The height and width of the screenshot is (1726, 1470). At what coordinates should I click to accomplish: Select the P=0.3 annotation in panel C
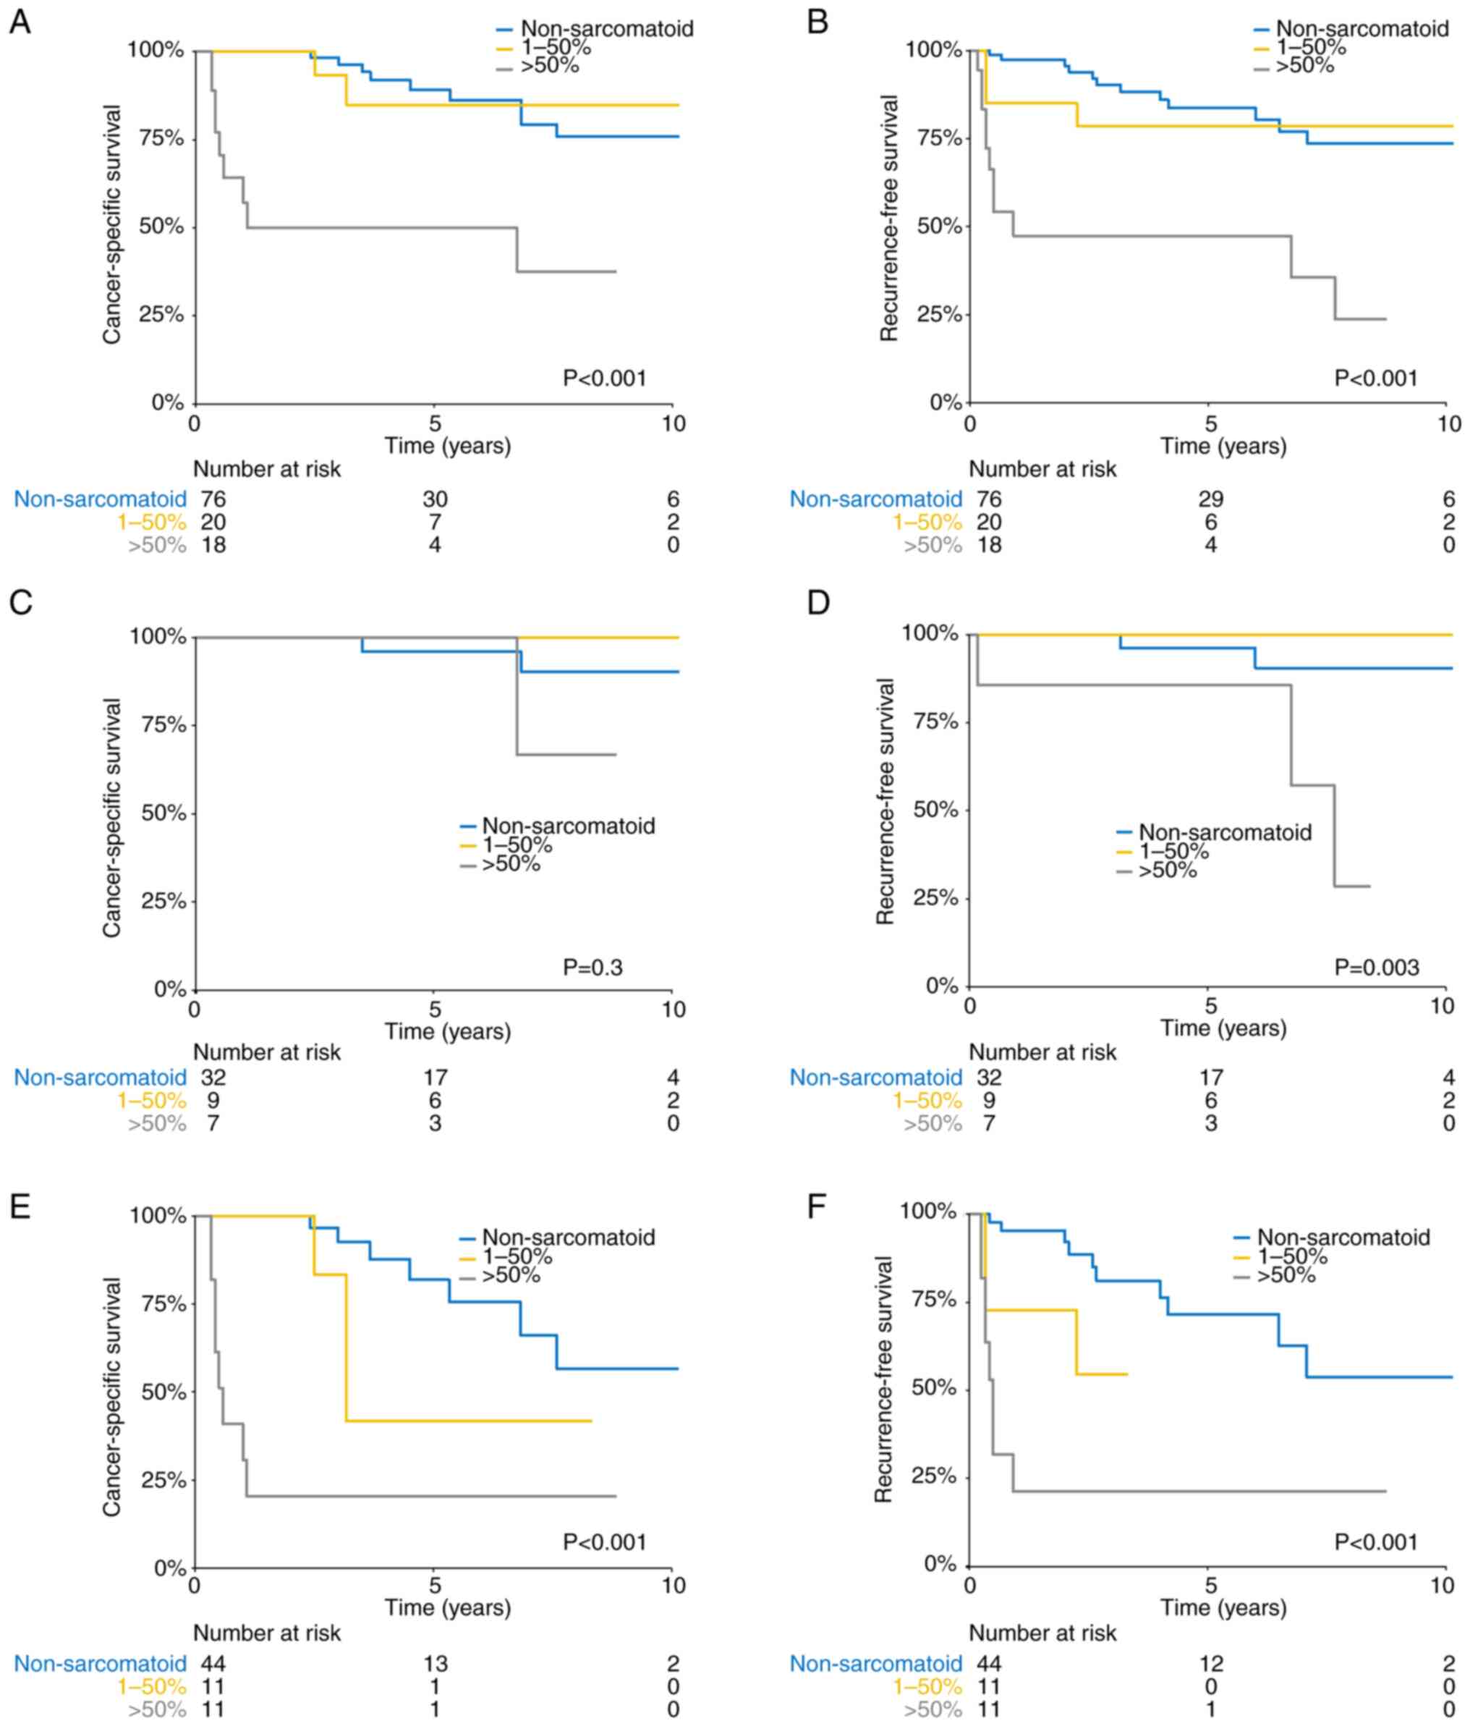pos(592,967)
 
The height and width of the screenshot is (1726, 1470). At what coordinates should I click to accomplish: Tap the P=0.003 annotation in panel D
pos(1376,966)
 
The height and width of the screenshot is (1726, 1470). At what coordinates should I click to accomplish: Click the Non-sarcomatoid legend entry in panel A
pos(606,28)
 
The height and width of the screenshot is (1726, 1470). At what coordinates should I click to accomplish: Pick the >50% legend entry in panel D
pos(1167,871)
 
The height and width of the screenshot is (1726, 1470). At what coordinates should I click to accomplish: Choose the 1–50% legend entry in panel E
pos(517,1257)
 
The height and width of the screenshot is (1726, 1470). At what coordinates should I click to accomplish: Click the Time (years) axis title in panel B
pos(1223,447)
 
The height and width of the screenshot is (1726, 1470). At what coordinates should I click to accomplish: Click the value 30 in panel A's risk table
pos(434,499)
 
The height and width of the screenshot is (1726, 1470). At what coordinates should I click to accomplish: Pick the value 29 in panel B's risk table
pos(1210,499)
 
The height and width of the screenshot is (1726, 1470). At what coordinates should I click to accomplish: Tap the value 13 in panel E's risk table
pos(434,1664)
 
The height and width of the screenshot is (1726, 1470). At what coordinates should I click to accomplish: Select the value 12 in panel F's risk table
pos(1210,1664)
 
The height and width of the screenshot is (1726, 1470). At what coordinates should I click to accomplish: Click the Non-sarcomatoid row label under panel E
pos(100,1664)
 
